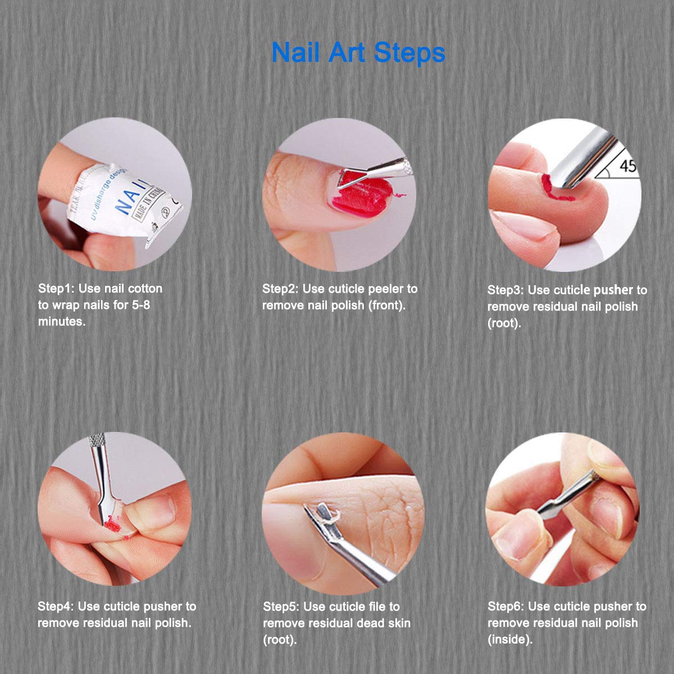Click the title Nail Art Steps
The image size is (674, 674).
tap(358, 52)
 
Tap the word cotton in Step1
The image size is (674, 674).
tap(145, 289)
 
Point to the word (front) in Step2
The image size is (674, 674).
tap(386, 306)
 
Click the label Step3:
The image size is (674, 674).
tap(505, 290)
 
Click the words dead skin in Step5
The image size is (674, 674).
tap(380, 623)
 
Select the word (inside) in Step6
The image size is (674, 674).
tap(510, 640)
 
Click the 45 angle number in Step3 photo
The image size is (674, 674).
tap(628, 166)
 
